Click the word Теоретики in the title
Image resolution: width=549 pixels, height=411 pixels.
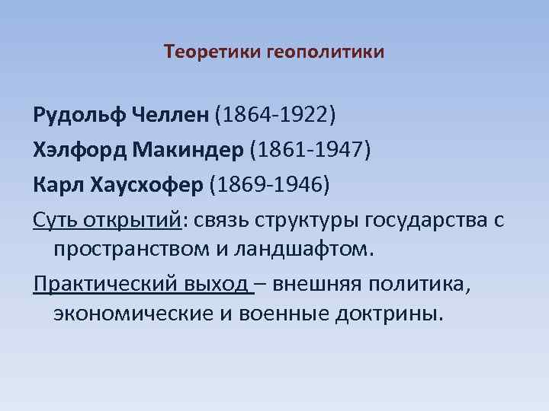click(x=212, y=53)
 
